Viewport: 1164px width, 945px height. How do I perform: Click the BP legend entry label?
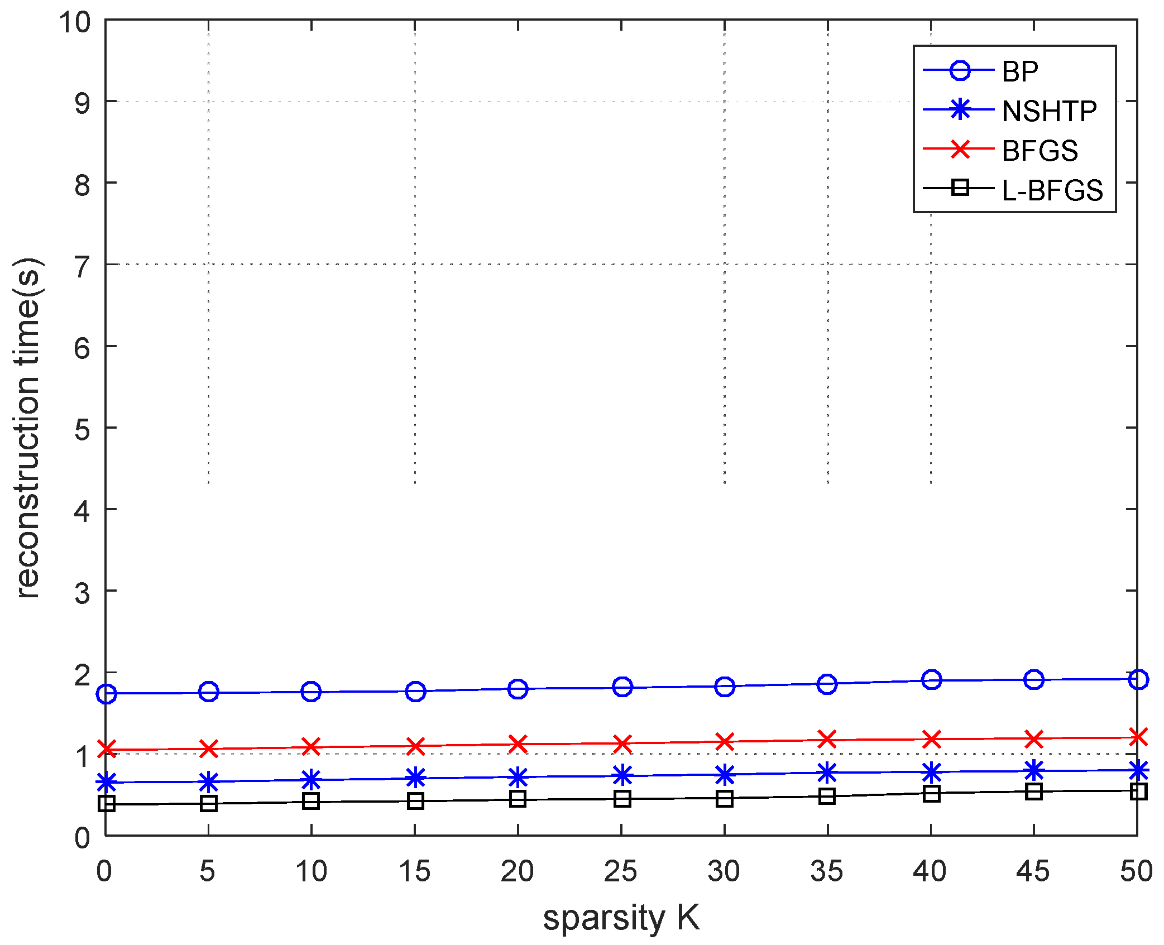[x=1020, y=71]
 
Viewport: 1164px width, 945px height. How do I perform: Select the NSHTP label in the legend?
[x=1049, y=111]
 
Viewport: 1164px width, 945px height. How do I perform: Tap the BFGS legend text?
[x=1040, y=151]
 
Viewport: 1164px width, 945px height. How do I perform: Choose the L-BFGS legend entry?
[x=1052, y=190]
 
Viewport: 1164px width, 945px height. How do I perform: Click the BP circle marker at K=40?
[x=931, y=680]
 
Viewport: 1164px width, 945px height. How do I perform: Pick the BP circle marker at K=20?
[x=518, y=689]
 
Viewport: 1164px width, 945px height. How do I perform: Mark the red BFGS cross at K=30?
[x=725, y=742]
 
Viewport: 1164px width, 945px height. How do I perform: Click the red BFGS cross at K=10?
[x=311, y=746]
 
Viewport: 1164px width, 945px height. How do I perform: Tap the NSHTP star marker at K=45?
[x=1034, y=771]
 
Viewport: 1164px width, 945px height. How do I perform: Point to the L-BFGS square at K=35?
[x=827, y=796]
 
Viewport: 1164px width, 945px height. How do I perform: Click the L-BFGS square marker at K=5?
[x=209, y=804]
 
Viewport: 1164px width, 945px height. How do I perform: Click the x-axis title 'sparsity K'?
[x=621, y=918]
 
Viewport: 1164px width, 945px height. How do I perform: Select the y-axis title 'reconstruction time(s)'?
[x=28, y=428]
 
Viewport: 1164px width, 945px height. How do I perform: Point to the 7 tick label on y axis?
[x=82, y=267]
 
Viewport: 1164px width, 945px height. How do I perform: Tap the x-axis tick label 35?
[x=827, y=871]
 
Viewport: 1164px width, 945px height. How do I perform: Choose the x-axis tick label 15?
[x=415, y=871]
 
